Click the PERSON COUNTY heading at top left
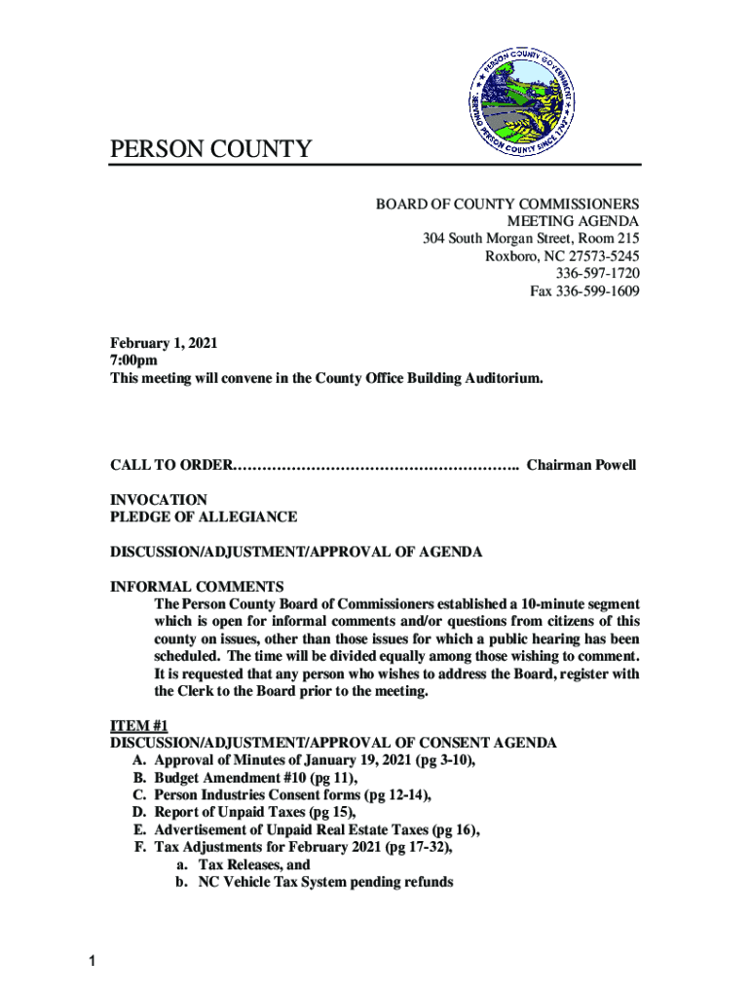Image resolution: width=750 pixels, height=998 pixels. tap(210, 149)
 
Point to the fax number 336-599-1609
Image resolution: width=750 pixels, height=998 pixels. tap(584, 291)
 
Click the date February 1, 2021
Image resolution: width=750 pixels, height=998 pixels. tap(164, 343)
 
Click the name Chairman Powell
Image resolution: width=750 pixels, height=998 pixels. tap(581, 465)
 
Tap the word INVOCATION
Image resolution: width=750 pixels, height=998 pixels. tap(158, 499)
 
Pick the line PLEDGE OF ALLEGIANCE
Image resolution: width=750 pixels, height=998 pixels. tap(204, 517)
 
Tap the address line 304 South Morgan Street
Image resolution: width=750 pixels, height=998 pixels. tap(530, 239)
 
